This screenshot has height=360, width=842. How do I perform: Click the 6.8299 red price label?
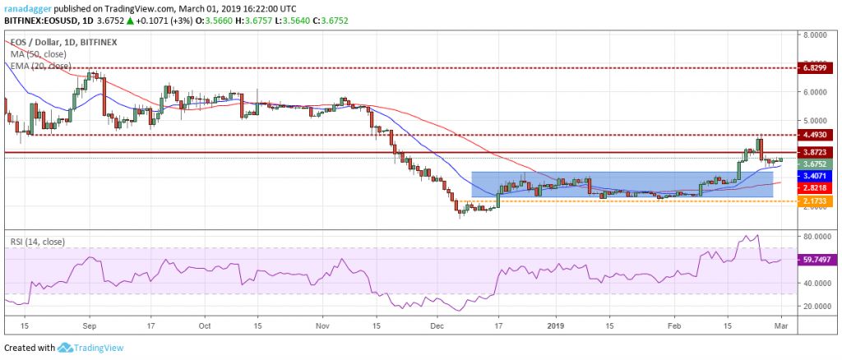pyautogui.click(x=821, y=69)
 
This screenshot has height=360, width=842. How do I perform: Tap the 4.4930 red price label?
pyautogui.click(x=821, y=135)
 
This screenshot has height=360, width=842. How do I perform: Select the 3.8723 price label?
pyautogui.click(x=821, y=152)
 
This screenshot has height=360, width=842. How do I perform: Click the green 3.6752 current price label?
pyautogui.click(x=821, y=164)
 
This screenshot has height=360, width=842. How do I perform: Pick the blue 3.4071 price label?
pyautogui.click(x=821, y=175)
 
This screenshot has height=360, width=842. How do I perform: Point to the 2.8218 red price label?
pyautogui.click(x=821, y=187)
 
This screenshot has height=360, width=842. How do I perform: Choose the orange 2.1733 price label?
pyautogui.click(x=821, y=201)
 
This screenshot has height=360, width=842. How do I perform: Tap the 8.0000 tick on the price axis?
pyautogui.click(x=817, y=35)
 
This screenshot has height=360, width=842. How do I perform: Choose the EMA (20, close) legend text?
pyautogui.click(x=41, y=66)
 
